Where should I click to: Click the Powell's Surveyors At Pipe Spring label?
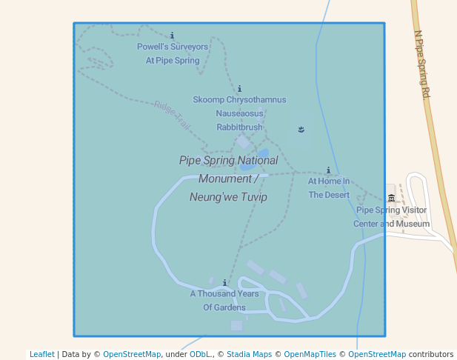(x=173, y=53)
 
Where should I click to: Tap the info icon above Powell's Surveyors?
(x=173, y=35)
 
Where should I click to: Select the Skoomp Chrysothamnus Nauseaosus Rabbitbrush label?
(x=239, y=113)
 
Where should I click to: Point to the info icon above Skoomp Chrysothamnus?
(x=239, y=88)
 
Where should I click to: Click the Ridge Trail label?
(x=173, y=116)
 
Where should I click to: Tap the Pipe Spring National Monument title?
(x=228, y=179)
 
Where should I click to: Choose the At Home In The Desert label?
(x=328, y=188)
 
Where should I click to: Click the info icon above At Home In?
(x=328, y=170)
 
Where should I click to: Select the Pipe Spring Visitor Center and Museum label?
(x=391, y=216)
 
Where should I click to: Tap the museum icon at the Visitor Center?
(x=391, y=198)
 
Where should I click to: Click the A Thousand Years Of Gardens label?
(x=224, y=300)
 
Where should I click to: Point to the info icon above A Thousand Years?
(x=224, y=282)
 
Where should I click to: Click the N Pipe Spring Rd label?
(x=422, y=64)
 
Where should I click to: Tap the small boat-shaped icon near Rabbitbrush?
(x=301, y=130)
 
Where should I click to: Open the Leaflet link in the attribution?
(x=41, y=355)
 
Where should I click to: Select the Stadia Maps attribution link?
(x=249, y=355)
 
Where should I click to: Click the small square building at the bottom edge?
(x=236, y=325)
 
